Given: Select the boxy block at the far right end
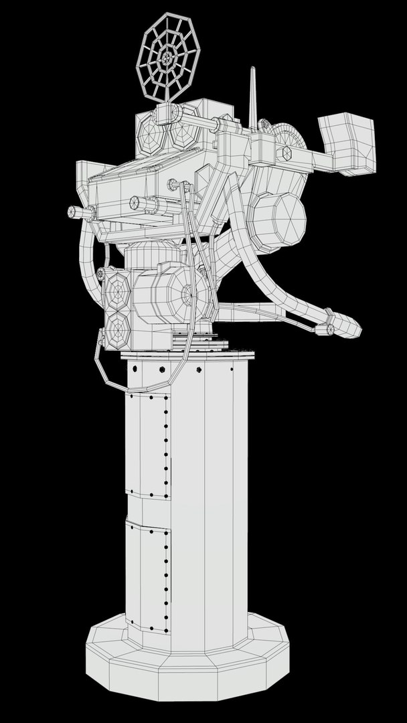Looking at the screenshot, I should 347,143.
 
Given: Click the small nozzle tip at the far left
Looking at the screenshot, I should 73,212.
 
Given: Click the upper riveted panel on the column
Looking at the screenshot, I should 149,445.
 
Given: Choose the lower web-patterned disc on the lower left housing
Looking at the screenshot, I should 118,329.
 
